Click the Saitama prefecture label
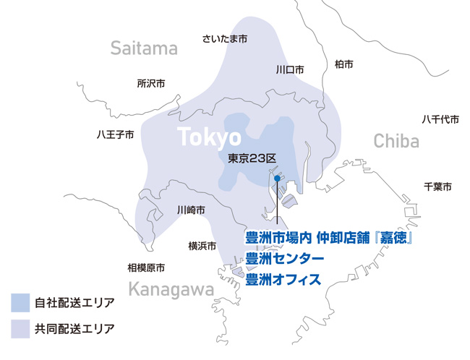click(144, 48)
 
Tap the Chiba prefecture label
click(396, 141)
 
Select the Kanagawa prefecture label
click(171, 290)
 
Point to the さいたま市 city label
click(225, 38)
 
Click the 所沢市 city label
click(151, 84)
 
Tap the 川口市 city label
click(290, 70)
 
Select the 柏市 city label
click(344, 64)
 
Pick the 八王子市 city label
click(116, 134)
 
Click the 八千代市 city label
click(440, 119)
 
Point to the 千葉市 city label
click(437, 187)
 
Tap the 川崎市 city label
click(190, 210)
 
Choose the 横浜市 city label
click(202, 246)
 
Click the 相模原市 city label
click(146, 267)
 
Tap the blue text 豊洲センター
click(285, 257)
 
